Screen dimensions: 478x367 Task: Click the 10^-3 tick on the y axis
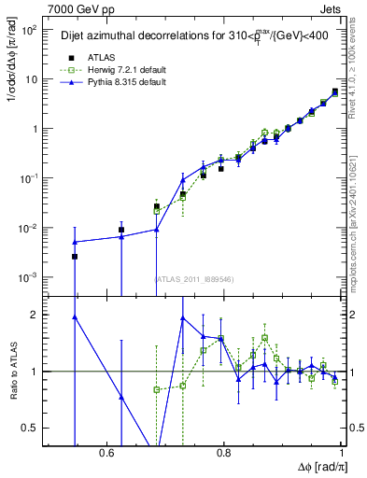29,277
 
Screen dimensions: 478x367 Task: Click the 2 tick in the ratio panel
37,315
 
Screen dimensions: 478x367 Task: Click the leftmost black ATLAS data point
75,256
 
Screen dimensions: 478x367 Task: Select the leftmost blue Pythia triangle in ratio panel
75,316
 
